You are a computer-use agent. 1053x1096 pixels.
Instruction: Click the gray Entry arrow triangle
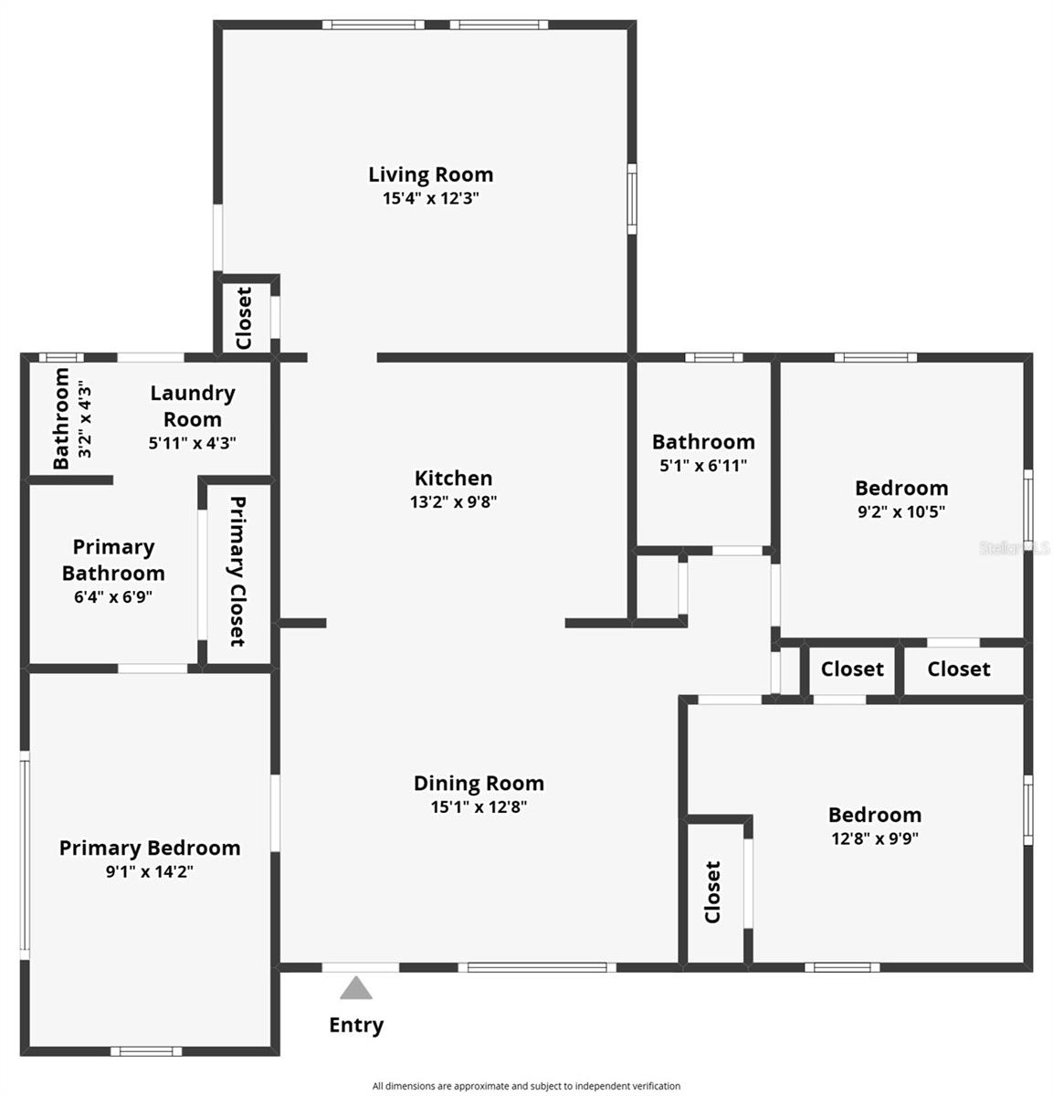[356, 988]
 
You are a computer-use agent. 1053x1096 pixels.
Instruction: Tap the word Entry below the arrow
[356, 1025]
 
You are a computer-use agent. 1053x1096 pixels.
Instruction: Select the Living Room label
[430, 174]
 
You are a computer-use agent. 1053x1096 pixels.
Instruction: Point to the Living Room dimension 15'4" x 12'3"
[430, 198]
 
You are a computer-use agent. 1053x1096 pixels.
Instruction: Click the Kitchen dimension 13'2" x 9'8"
[453, 501]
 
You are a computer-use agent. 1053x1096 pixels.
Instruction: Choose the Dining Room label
[479, 783]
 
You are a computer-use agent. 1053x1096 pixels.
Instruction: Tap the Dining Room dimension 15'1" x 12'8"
[479, 806]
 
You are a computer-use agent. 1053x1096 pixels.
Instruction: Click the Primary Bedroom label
[150, 848]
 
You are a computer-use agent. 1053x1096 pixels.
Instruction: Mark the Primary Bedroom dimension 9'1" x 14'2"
[150, 871]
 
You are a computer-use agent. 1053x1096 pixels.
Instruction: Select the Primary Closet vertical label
[237, 571]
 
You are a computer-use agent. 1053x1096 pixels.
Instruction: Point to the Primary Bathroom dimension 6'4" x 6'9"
[113, 597]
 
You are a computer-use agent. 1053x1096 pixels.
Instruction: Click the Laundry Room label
[192, 406]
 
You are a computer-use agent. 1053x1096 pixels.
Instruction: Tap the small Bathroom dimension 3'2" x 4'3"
[85, 419]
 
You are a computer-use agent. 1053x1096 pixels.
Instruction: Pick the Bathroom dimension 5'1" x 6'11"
[703, 465]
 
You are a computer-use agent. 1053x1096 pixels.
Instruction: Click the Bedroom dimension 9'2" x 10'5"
[900, 511]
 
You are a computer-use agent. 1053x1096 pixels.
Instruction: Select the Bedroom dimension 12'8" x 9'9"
[874, 838]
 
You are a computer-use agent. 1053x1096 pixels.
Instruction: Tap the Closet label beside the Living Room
[244, 318]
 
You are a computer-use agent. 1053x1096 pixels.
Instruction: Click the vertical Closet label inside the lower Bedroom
[713, 891]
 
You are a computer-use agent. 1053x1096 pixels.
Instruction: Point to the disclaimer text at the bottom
[526, 1086]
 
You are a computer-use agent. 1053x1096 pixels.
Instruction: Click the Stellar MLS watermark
[1015, 548]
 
